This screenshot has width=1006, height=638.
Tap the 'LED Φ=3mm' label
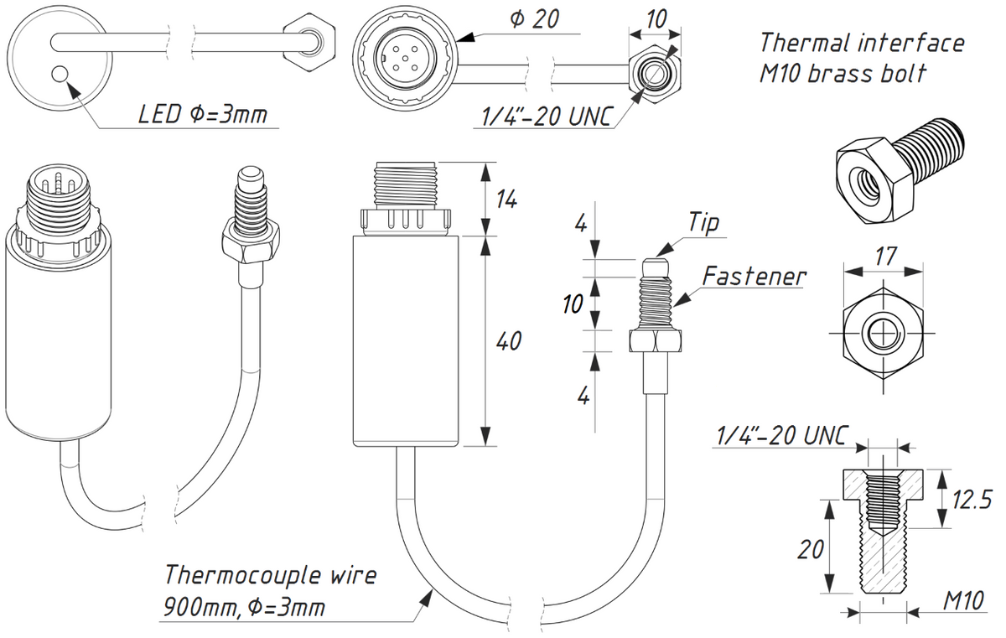click(x=202, y=114)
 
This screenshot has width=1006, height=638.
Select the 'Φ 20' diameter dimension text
click(x=534, y=20)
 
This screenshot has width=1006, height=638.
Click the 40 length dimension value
click(x=508, y=341)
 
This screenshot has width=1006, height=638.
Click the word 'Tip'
click(x=703, y=223)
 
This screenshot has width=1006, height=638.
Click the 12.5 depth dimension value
click(x=971, y=500)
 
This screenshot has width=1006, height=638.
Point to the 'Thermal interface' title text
click(x=861, y=43)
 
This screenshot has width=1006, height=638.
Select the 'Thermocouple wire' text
click(x=270, y=576)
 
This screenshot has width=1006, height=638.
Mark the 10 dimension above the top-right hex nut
click(x=656, y=18)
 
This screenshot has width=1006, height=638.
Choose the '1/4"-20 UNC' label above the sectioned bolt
click(x=781, y=437)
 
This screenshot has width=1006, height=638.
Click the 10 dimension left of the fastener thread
click(x=573, y=304)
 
